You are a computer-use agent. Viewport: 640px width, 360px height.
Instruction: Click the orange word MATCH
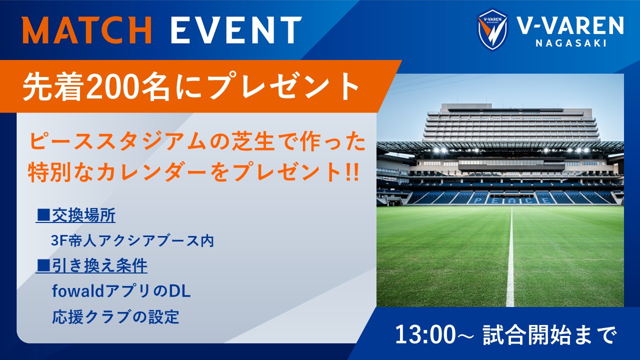[87, 30]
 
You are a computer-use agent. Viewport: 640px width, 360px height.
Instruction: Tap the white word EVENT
[236, 30]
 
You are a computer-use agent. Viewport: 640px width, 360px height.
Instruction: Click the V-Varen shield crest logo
[492, 29]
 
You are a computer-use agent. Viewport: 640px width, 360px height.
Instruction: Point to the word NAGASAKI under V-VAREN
[571, 43]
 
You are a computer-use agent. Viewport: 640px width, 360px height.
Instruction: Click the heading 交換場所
[83, 215]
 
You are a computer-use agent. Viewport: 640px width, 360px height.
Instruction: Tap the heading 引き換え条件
[99, 266]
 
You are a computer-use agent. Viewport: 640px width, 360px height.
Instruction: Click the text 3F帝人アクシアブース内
[132, 240]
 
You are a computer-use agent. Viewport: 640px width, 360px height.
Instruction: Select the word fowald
[75, 291]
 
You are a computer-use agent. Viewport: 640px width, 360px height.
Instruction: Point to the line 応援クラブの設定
[115, 317]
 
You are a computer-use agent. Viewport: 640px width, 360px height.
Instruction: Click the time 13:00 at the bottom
[425, 335]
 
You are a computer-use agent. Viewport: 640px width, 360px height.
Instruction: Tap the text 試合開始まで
[549, 335]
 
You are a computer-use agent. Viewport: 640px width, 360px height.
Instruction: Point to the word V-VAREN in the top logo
[570, 25]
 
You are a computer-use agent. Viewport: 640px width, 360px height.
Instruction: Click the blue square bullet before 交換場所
[43, 215]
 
